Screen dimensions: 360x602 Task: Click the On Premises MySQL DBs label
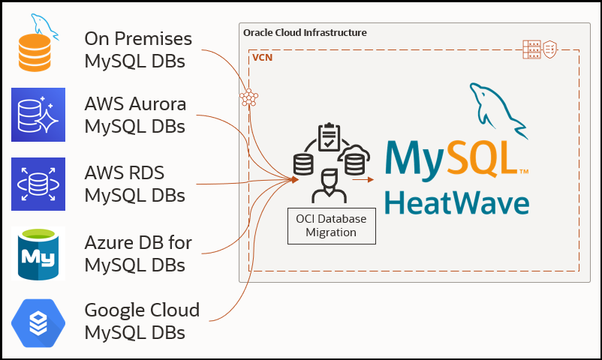[138, 49]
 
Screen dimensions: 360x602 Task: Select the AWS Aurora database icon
[38, 115]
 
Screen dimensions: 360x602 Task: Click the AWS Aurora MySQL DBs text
[135, 115]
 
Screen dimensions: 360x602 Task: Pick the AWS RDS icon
[38, 184]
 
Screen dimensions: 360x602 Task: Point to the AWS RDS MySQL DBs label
[135, 184]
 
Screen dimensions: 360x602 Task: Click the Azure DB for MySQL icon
[38, 253]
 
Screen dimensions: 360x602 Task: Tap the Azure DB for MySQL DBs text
[138, 253]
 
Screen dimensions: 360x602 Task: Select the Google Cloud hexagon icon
[38, 322]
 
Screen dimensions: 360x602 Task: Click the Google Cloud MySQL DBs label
[142, 320]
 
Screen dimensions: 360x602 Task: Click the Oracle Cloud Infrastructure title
[305, 33]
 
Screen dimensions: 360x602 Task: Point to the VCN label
[262, 57]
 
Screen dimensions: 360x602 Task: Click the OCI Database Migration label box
[331, 226]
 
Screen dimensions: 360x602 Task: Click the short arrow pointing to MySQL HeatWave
[364, 180]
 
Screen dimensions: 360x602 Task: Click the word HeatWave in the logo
[456, 202]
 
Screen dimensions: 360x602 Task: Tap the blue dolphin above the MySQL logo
[493, 106]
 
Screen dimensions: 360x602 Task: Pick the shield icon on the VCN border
[550, 50]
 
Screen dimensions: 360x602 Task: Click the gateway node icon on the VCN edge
[248, 97]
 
